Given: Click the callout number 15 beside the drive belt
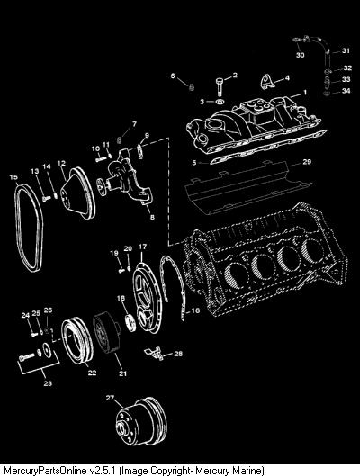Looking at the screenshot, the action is point(13,177).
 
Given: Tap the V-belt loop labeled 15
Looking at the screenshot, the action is point(19,228).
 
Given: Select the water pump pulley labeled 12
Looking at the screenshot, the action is point(77,193).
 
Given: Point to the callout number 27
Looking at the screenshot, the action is point(110,398).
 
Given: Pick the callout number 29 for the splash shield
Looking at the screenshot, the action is point(307,162).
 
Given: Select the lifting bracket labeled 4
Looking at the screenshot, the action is point(266,81).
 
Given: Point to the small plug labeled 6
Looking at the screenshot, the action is point(191,87).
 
